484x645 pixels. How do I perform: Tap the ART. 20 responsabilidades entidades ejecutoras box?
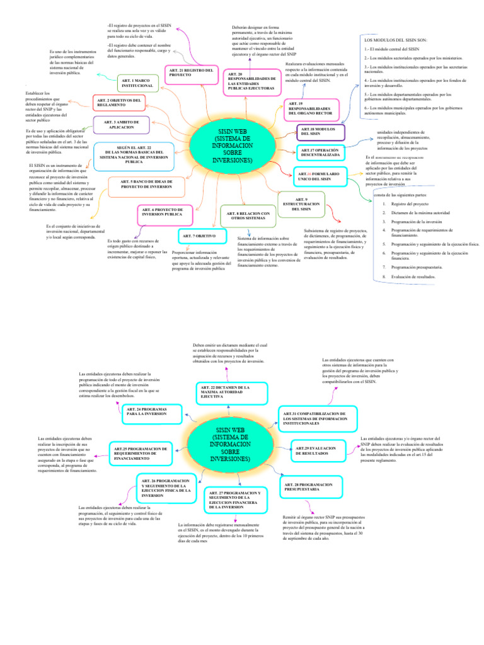(x=250, y=81)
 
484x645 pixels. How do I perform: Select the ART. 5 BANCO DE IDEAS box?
(x=146, y=184)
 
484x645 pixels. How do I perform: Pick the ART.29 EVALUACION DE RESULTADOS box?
(x=320, y=450)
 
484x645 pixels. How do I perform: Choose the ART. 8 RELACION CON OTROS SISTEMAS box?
(x=249, y=215)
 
